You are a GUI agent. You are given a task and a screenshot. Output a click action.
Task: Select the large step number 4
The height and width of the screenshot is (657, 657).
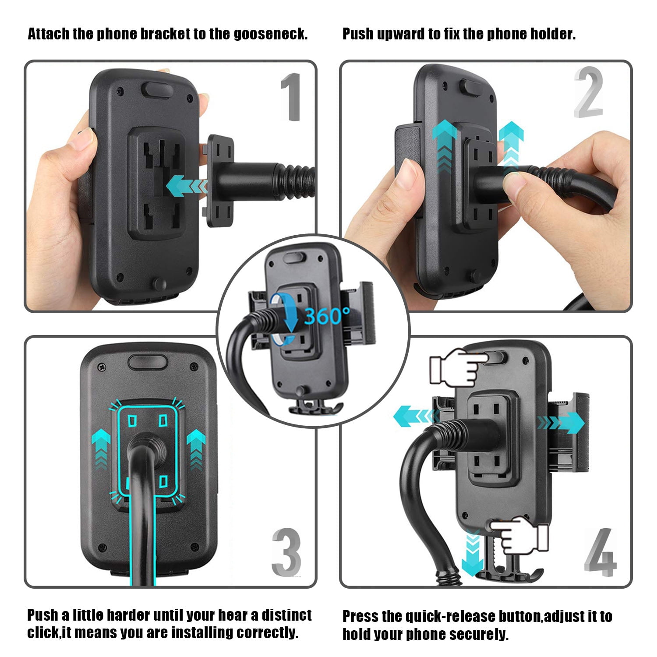600,552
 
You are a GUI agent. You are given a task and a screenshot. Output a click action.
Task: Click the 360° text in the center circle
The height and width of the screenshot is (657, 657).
327,315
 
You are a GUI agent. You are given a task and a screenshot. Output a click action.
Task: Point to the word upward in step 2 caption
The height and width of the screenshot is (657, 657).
401,34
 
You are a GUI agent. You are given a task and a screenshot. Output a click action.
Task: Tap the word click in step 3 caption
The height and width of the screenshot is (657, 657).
42,632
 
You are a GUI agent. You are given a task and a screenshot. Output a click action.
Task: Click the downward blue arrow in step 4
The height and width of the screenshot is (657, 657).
473,552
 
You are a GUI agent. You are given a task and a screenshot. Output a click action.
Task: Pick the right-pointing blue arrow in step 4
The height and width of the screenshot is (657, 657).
561,422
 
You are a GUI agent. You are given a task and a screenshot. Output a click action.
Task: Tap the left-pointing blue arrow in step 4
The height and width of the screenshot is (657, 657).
416,416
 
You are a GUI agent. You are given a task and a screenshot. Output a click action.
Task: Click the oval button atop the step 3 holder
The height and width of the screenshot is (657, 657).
148,362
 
